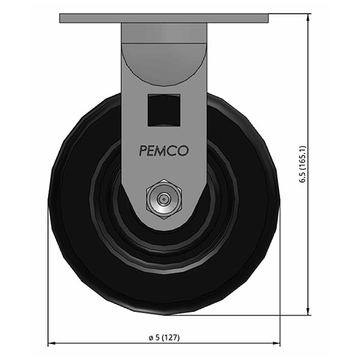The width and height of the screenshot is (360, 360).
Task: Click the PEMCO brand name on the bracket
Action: coord(164,151)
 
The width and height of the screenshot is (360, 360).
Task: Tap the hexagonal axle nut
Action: coord(163,197)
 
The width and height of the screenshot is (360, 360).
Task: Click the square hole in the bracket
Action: coord(164,110)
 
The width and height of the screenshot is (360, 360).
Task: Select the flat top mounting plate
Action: coord(163,18)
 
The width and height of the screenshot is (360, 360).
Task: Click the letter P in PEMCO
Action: coord(143,151)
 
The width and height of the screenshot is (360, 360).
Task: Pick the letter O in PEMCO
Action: coord(183,151)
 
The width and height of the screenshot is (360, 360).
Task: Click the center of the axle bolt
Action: coord(163,197)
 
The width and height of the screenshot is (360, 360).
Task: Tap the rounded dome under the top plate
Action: coord(163,60)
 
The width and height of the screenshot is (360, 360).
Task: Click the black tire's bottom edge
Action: coord(163,313)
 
